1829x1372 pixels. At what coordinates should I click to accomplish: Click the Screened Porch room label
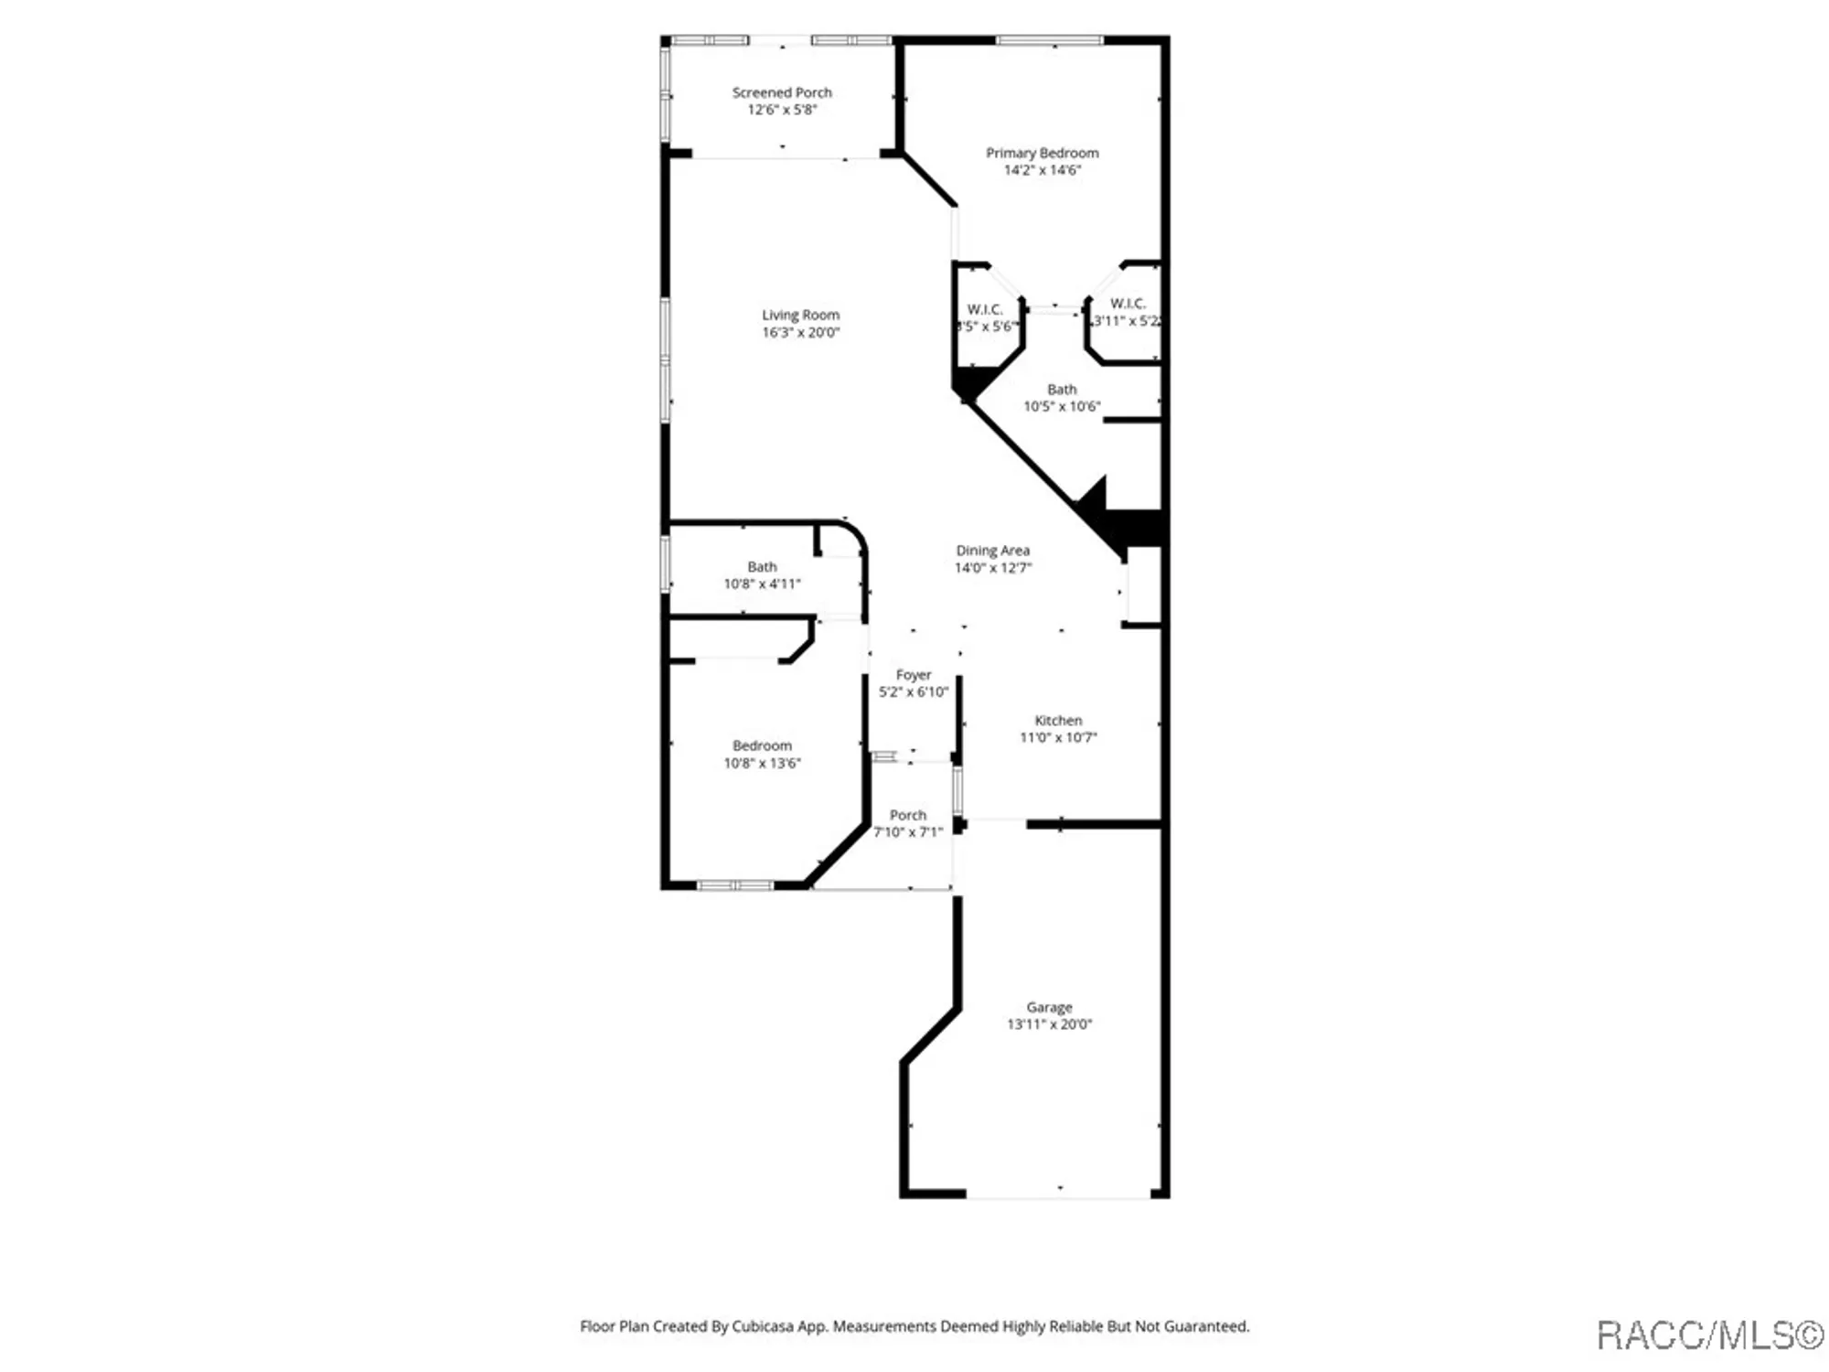(x=782, y=92)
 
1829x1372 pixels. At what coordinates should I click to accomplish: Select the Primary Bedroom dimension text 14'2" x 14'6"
(x=1042, y=170)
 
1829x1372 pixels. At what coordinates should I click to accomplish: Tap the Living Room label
(x=800, y=315)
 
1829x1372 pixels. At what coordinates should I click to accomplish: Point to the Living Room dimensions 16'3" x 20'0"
(x=800, y=332)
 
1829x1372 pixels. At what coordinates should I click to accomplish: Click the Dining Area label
(x=992, y=551)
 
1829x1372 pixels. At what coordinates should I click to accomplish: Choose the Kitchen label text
(x=1058, y=721)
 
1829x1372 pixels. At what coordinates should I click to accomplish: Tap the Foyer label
(x=913, y=675)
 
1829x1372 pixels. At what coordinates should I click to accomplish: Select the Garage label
(x=1049, y=1007)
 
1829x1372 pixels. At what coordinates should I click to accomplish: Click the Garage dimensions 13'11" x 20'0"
(x=1049, y=1024)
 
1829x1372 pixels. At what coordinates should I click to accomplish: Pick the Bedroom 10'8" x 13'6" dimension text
(x=762, y=763)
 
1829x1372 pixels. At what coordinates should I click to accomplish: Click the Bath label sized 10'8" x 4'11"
(x=762, y=567)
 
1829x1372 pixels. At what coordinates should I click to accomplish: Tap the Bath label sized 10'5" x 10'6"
(x=1062, y=390)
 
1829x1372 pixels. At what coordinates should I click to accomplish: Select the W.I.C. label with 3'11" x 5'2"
(x=1127, y=304)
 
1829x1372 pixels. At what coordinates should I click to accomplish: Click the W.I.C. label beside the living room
(x=984, y=310)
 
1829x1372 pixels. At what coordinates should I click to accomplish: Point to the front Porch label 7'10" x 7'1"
(x=907, y=815)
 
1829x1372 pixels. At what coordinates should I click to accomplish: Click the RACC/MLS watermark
(x=1709, y=1336)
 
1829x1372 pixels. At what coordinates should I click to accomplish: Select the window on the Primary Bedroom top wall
(x=1049, y=40)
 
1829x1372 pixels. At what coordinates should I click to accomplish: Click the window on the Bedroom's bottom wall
(x=735, y=885)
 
